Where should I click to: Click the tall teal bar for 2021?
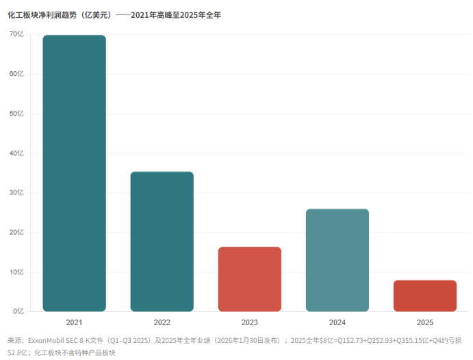tap(74, 173)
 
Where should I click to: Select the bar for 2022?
tap(162, 242)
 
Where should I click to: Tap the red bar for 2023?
tap(250, 279)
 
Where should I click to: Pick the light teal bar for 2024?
tap(337, 260)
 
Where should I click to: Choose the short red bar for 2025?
tap(425, 296)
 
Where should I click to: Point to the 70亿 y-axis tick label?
tap(16, 34)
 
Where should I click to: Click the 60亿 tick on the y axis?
tap(16, 74)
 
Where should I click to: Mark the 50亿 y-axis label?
tap(16, 114)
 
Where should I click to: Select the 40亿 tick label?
tap(16, 153)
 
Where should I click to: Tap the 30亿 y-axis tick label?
tap(16, 193)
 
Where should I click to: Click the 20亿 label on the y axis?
tap(16, 233)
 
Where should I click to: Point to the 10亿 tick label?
tap(16, 272)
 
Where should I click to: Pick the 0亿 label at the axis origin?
tap(18, 311)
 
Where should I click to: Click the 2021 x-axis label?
tap(74, 322)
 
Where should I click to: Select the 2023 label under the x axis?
tap(250, 322)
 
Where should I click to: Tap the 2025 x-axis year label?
tap(425, 322)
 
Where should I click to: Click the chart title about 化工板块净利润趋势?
tap(114, 15)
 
